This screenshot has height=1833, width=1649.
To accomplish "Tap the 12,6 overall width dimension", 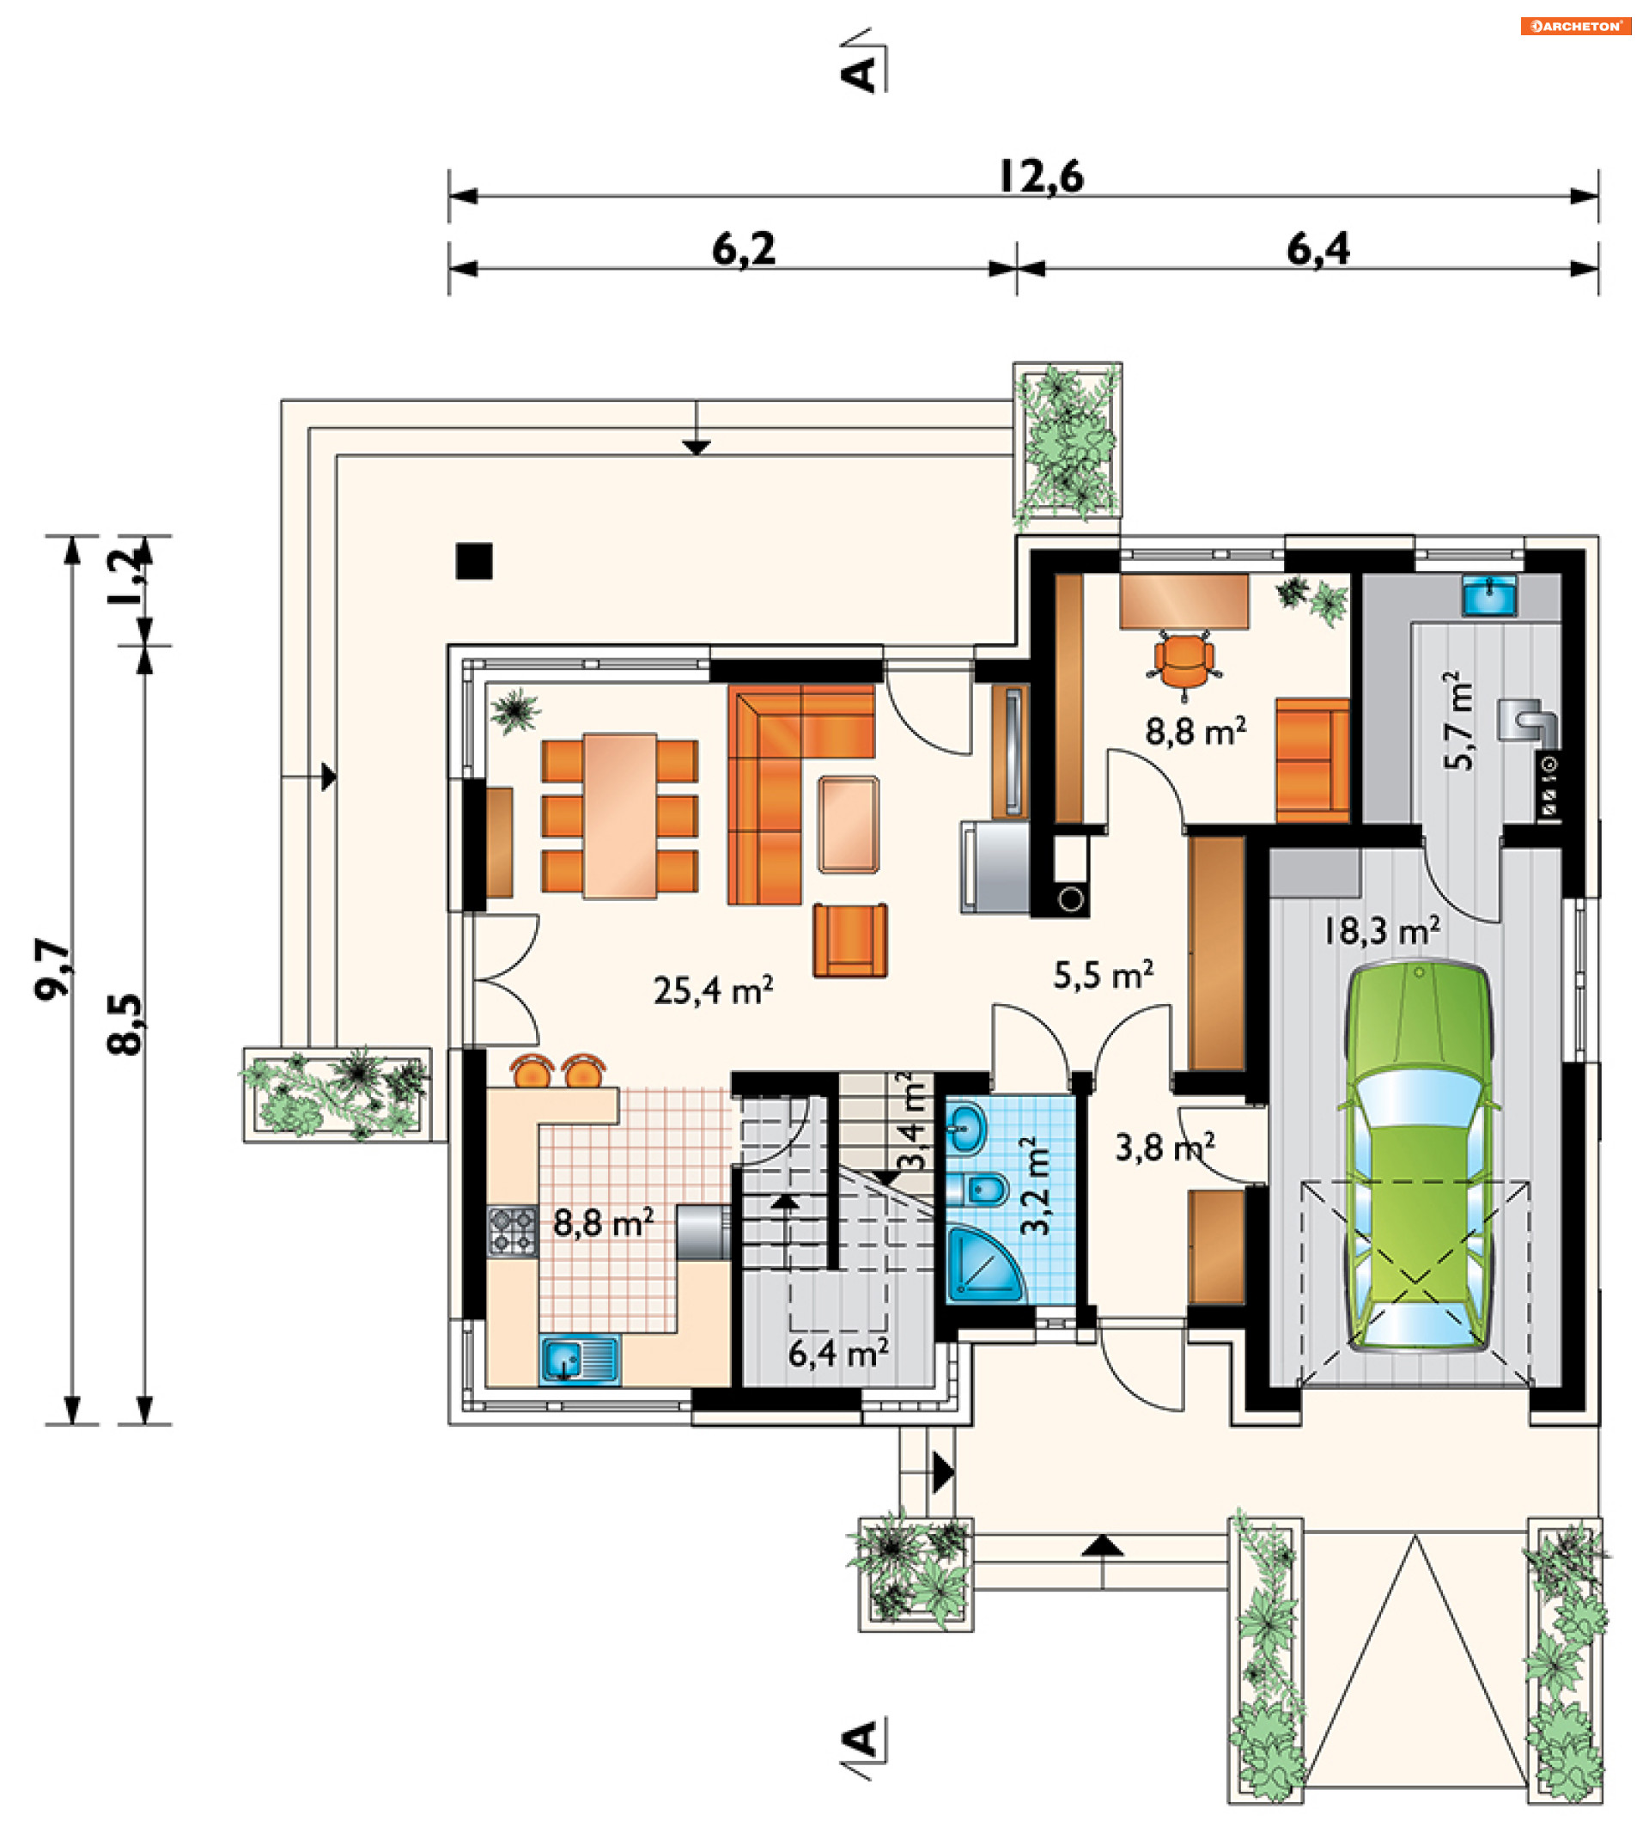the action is (1040, 177).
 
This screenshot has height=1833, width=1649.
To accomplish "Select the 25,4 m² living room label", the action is (713, 990).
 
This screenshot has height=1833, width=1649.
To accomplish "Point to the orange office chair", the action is (1184, 664).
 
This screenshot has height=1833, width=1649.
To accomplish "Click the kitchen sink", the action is (580, 1360).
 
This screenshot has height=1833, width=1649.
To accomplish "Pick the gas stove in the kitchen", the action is (513, 1232).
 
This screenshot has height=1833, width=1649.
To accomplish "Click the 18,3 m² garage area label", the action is (1381, 931).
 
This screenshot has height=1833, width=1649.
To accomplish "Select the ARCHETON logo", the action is (1576, 27).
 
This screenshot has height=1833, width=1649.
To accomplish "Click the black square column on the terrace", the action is (474, 561).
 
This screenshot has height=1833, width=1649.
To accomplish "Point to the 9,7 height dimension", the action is (52, 970).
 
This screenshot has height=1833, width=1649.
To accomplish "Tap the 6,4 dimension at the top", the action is (1318, 249).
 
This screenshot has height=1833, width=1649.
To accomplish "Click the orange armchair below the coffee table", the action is (850, 940).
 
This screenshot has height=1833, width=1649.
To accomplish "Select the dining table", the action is (620, 815).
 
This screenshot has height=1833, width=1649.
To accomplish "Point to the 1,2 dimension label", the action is (125, 576).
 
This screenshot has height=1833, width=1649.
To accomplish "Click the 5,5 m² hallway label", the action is (1104, 975).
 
